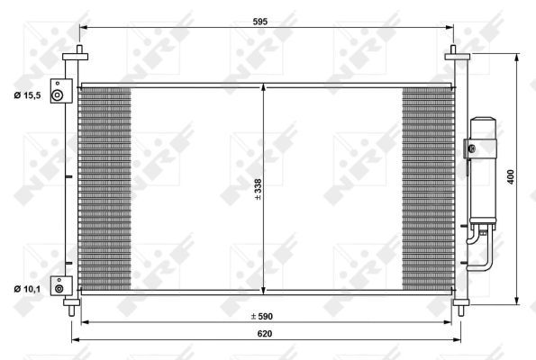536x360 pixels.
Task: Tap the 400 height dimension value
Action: (x=511, y=178)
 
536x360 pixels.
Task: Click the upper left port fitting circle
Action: (x=58, y=95)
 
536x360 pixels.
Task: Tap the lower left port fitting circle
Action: (x=59, y=288)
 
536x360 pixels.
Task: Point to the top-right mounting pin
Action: (x=457, y=51)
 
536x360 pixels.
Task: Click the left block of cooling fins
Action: (x=106, y=189)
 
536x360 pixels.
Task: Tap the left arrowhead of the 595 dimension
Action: (x=82, y=28)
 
